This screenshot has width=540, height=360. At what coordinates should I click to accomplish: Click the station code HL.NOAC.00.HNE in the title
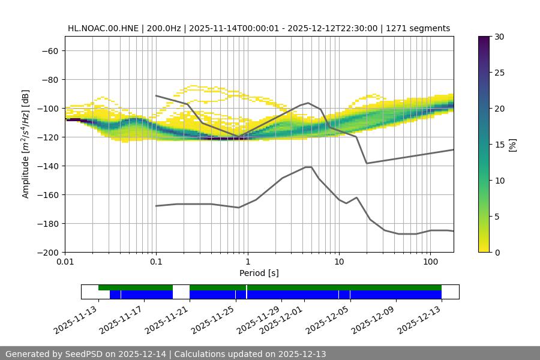(103, 28)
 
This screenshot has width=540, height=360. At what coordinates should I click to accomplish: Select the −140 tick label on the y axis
(47, 166)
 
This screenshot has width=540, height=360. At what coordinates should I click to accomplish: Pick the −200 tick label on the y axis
(47, 252)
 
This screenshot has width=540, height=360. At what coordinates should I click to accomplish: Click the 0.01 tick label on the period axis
(65, 262)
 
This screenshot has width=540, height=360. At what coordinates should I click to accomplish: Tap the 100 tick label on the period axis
(430, 262)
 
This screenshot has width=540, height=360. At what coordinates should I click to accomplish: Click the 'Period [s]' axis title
(259, 273)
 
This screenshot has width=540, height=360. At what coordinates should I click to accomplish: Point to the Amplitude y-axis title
(26, 144)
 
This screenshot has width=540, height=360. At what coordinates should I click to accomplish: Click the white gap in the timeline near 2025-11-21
(181, 292)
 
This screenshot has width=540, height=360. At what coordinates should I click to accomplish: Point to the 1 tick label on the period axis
(247, 262)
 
